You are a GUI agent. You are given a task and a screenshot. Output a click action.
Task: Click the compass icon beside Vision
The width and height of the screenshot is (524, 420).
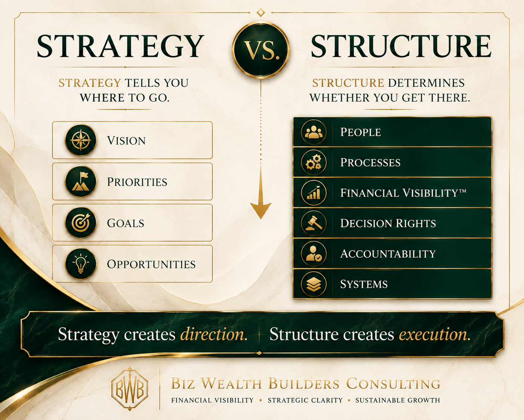coord(81,140)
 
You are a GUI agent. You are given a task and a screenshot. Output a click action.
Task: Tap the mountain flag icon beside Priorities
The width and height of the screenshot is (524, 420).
coord(81,182)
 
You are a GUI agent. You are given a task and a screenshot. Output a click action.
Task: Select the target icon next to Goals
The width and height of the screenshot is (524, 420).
coord(81,223)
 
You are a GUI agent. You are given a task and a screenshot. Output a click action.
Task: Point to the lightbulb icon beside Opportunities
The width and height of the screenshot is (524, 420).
coord(81,264)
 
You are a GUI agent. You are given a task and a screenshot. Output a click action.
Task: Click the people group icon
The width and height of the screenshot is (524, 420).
coord(314,132)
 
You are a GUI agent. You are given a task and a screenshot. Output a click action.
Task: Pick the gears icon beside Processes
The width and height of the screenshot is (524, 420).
coord(314,162)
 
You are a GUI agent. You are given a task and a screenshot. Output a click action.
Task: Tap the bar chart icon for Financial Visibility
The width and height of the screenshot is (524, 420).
coord(314,193)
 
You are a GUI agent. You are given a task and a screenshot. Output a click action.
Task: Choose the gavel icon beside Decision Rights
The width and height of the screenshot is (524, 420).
coord(314,223)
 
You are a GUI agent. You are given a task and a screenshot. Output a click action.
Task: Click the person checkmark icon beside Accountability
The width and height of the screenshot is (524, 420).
coord(314,254)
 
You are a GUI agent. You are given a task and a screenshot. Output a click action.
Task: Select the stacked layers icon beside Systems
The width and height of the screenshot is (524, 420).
coord(314,284)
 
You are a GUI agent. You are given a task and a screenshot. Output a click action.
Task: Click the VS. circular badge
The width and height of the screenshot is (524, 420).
coord(261,50)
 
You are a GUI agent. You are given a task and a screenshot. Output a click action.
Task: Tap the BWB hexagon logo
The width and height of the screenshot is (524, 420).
coord(130,389)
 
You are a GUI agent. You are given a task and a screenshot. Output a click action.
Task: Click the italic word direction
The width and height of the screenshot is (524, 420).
coord(214,334)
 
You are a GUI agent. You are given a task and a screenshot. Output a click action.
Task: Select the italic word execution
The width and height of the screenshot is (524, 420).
coord(434,334)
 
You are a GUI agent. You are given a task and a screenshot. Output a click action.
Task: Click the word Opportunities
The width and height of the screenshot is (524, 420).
coord(151,264)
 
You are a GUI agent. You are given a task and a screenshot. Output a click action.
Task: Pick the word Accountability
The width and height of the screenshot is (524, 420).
coord(388,254)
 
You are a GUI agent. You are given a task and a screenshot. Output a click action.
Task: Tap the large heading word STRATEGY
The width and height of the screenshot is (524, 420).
coord(120,46)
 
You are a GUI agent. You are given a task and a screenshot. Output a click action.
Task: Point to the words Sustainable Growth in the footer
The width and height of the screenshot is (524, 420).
coord(398,400)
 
